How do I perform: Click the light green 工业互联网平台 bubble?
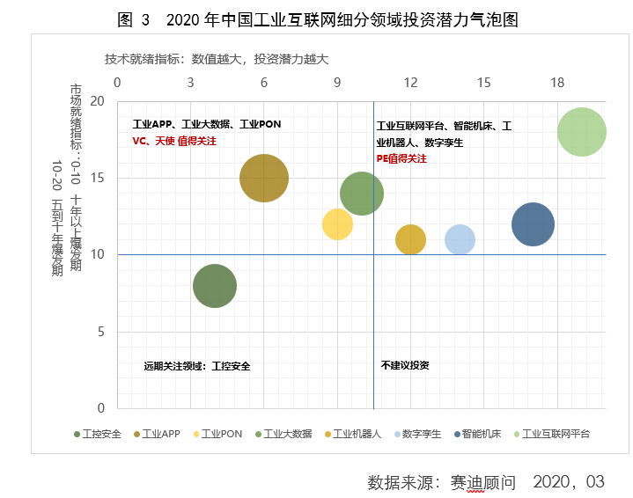pyautogui.click(x=581, y=132)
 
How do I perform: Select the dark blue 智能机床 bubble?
pyautogui.click(x=533, y=223)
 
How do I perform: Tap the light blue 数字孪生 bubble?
pyautogui.click(x=460, y=239)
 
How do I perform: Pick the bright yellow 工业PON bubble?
pyautogui.click(x=337, y=223)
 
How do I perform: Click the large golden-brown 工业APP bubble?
pyautogui.click(x=264, y=178)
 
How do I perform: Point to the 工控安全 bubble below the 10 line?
pyautogui.click(x=215, y=286)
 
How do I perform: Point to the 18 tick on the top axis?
pyautogui.click(x=556, y=82)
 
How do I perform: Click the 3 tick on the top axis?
pyautogui.click(x=191, y=82)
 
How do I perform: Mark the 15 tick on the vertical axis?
pyautogui.click(x=99, y=178)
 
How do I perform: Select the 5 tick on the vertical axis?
pyautogui.click(x=101, y=332)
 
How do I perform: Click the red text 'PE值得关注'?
pyautogui.click(x=401, y=159)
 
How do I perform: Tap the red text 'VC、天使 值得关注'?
pyautogui.click(x=174, y=141)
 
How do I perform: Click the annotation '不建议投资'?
pyautogui.click(x=405, y=365)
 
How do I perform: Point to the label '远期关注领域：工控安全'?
pyautogui.click(x=196, y=366)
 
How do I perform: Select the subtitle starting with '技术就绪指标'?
pyautogui.click(x=216, y=59)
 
